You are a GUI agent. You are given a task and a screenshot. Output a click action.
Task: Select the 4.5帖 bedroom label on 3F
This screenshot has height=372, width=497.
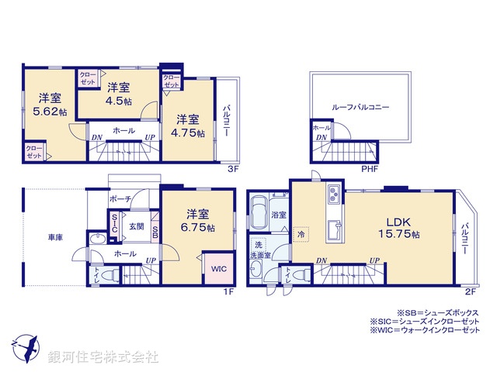click(118, 101)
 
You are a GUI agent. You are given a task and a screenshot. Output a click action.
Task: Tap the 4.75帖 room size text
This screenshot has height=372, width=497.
click(189, 133)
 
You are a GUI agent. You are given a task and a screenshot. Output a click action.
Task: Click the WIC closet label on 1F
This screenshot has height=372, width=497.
click(217, 269)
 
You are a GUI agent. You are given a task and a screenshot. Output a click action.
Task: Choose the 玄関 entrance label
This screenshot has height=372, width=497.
click(136, 226)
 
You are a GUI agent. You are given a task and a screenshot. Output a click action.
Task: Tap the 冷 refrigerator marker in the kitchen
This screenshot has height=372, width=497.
click(301, 231)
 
